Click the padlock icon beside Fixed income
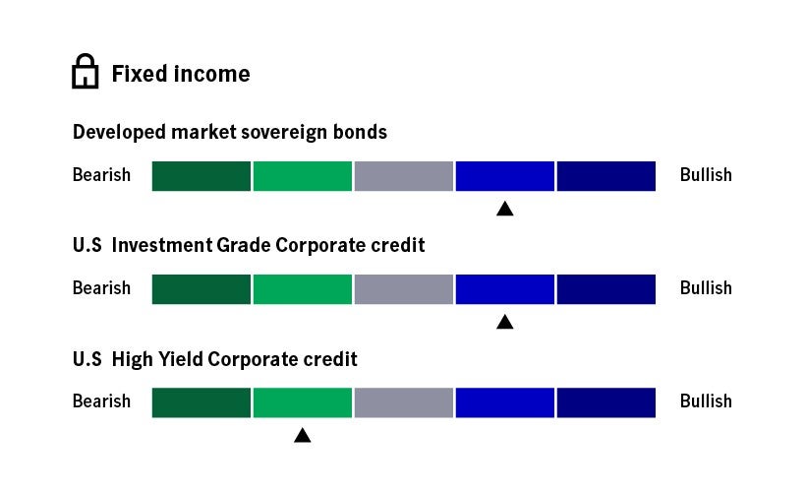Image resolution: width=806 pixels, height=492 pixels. click(x=86, y=73)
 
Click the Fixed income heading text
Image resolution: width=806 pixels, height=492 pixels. click(x=181, y=74)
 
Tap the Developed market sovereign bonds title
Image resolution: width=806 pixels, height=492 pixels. click(x=230, y=132)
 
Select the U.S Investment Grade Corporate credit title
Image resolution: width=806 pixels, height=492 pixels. click(x=249, y=245)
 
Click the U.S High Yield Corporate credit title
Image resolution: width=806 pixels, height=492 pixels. click(x=215, y=359)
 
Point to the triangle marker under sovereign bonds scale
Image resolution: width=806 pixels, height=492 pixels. click(x=505, y=208)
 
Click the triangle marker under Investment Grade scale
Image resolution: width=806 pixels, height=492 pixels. click(x=505, y=321)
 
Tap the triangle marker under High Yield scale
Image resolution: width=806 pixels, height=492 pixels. click(x=303, y=434)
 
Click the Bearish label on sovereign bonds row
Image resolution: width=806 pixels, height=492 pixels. click(x=101, y=175)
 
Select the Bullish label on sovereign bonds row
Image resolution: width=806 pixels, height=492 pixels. click(x=706, y=175)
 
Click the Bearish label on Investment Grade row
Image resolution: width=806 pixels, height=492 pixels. click(x=101, y=288)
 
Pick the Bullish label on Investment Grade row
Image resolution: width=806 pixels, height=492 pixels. click(x=706, y=288)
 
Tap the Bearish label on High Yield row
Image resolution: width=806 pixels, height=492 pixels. click(x=101, y=401)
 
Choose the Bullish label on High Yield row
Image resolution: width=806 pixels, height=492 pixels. click(x=706, y=401)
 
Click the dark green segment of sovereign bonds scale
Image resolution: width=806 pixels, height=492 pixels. click(x=201, y=176)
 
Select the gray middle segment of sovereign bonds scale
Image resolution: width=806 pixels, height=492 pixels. click(x=403, y=176)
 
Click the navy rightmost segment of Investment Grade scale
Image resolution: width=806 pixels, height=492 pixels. click(x=605, y=289)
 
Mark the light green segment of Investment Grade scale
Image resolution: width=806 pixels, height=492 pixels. click(x=303, y=289)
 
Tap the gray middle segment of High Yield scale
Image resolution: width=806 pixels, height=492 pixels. click(x=403, y=402)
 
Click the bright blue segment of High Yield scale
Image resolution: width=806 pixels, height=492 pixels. click(x=505, y=402)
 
